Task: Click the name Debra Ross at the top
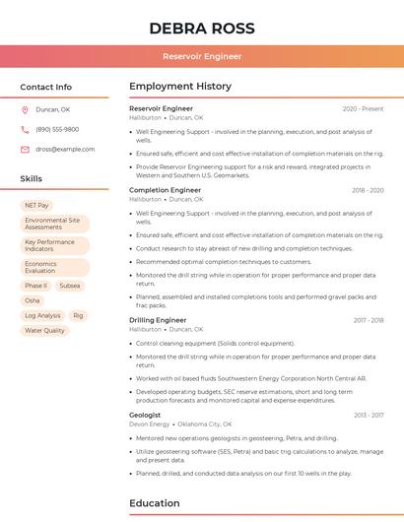[202, 29]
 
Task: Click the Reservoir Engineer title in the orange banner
[202, 56]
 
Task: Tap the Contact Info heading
[45, 87]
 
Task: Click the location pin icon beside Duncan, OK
[25, 109]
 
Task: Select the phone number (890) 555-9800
[57, 129]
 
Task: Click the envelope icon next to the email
[25, 149]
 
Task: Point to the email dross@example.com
[65, 149]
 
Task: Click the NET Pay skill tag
[36, 205]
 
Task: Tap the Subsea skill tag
[69, 286]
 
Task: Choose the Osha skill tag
[33, 300]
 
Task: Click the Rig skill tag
[78, 316]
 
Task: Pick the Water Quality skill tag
[44, 331]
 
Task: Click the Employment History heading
[180, 87]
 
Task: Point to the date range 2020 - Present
[363, 108]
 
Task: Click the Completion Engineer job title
[165, 190]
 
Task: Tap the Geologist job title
[145, 415]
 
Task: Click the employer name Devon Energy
[150, 424]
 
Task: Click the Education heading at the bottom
[155, 503]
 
